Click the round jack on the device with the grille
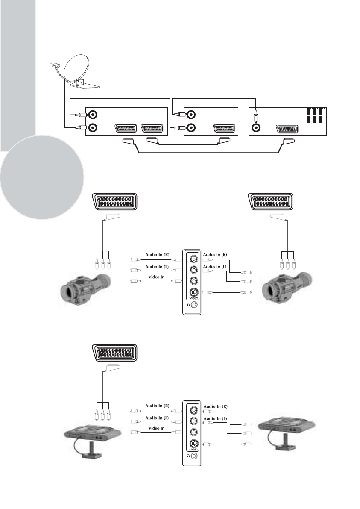point(256,127)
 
